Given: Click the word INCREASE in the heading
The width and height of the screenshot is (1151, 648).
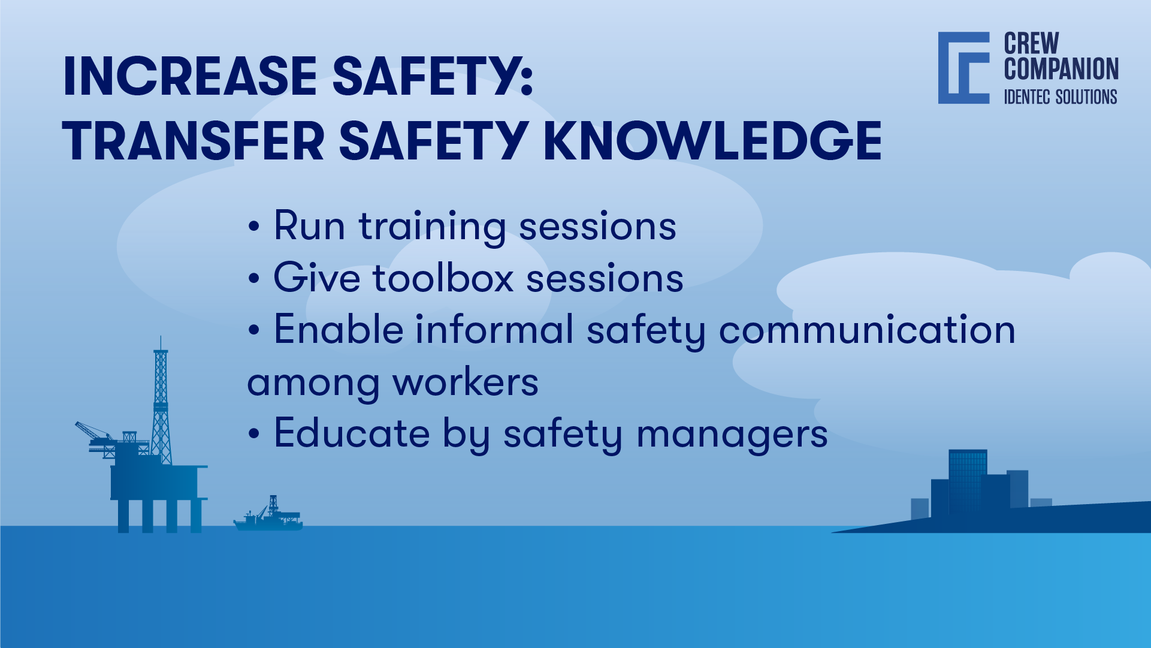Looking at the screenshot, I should tap(190, 77).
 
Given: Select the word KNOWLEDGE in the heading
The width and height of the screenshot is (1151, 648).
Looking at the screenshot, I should tap(712, 141).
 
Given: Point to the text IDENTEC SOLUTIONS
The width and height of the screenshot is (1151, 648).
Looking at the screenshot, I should tap(1060, 97).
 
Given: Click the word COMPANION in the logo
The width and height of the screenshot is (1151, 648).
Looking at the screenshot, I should tap(1061, 69).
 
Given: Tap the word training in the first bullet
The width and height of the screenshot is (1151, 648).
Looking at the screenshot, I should tap(432, 227).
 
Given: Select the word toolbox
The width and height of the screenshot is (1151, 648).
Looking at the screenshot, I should tap(443, 279).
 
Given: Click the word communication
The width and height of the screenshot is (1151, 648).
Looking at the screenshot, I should tap(866, 330).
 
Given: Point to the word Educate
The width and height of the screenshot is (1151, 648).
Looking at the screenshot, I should tap(352, 434).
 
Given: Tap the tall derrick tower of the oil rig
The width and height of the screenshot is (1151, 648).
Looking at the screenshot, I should tap(161, 402).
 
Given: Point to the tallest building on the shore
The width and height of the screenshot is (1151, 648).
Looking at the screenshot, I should tap(967, 480).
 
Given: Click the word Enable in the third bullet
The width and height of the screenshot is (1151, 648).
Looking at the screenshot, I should tap(339, 330).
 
